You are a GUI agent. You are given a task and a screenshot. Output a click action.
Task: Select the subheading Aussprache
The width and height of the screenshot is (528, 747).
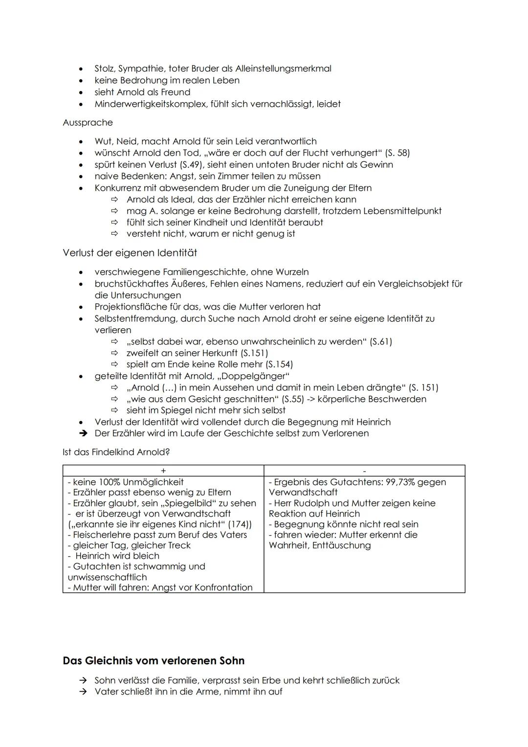88,123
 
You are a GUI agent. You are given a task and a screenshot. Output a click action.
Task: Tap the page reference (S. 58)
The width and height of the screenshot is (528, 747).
397,153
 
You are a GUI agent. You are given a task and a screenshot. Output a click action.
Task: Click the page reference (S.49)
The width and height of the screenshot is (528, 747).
181,164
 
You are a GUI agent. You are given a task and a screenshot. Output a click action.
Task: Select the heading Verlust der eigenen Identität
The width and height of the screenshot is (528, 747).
130,253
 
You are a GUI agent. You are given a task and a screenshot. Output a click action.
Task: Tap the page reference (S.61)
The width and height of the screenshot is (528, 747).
381,341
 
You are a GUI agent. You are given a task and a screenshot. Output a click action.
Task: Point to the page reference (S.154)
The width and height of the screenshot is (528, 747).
279,364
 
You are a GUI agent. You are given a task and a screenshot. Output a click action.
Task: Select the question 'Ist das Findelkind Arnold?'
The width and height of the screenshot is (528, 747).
116,452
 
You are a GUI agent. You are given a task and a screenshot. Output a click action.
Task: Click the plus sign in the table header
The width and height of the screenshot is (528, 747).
163,471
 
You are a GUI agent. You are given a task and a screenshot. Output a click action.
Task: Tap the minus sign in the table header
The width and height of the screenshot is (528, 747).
364,471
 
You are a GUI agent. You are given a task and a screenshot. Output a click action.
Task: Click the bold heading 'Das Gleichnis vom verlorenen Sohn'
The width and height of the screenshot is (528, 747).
154,661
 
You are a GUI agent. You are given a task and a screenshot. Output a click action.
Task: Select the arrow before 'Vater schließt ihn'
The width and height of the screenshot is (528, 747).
84,692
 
